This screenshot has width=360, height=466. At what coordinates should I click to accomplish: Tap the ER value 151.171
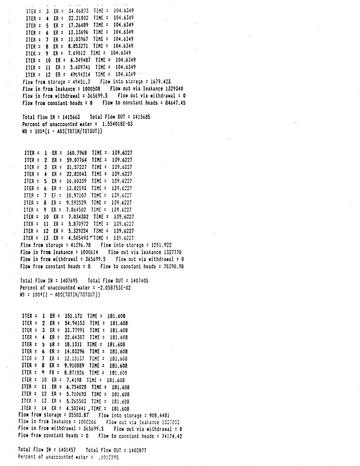tap(73, 316)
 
